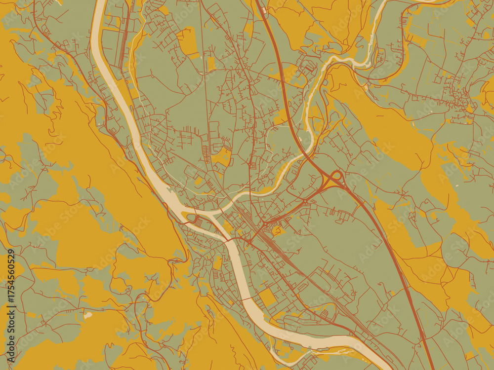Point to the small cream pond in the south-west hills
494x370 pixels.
[x=88, y=315]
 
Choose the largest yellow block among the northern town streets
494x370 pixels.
[x=188, y=41]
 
